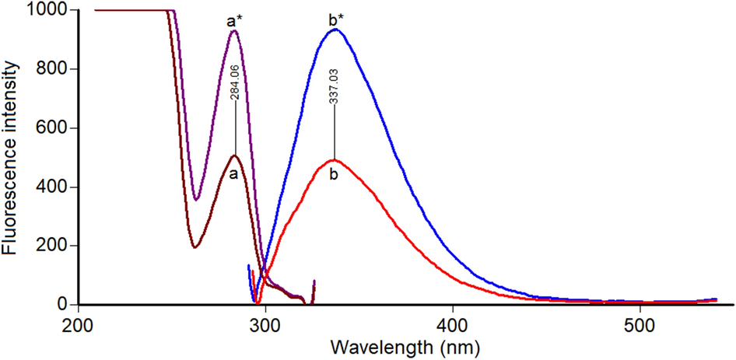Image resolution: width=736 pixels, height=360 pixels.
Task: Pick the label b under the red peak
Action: (334, 175)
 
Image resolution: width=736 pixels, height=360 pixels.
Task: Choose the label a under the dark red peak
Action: (233, 174)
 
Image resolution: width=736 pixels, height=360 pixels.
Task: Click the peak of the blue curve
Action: (335, 30)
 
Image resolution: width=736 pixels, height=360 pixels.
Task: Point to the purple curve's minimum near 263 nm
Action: (197, 200)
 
